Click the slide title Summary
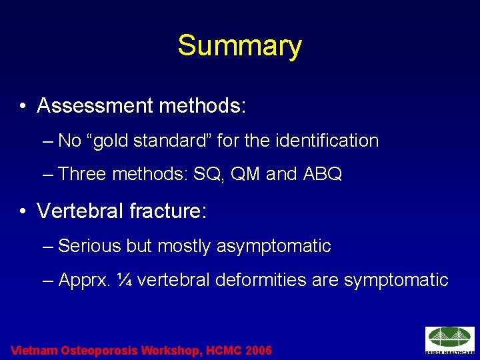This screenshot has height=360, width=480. pos(239,46)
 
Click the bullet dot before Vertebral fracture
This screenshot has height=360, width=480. pos(23,211)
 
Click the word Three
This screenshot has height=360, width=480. pos(83,175)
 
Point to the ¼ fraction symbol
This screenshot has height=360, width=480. pos(123,280)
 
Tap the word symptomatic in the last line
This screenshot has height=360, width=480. pos(396,280)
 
